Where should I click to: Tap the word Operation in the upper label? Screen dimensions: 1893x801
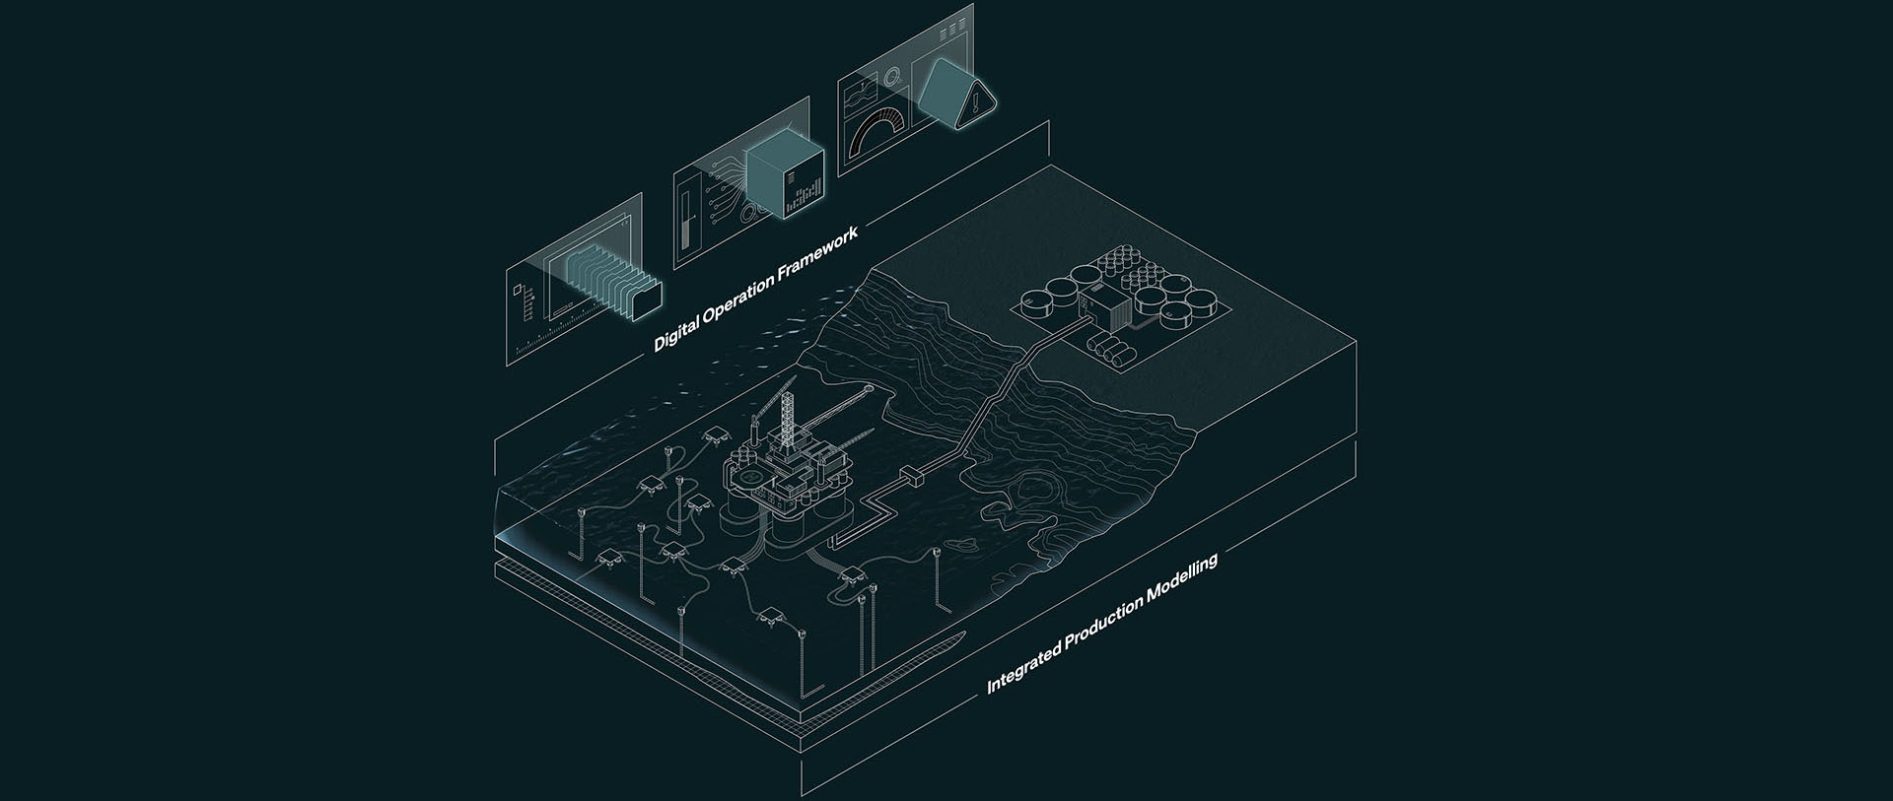(740, 297)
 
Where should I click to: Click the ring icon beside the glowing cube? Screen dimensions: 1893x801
(753, 215)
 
